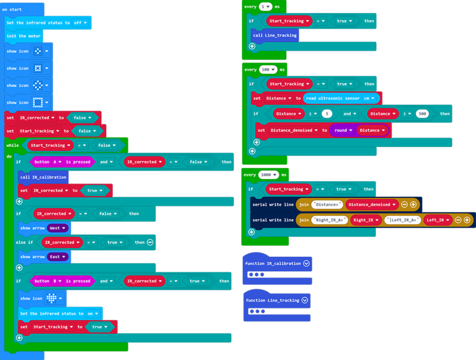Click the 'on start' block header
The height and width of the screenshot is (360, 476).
(13, 10)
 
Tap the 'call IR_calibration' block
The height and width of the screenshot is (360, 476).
(43, 177)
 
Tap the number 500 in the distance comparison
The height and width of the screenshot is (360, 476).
(421, 113)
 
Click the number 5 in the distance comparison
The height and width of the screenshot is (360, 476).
(326, 113)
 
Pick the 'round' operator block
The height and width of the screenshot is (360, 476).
(341, 130)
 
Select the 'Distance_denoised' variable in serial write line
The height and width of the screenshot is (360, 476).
(371, 205)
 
